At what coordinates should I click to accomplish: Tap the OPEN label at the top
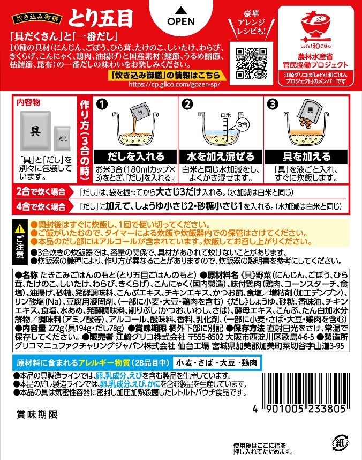(x=180, y=24)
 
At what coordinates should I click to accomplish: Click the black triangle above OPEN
(x=180, y=10)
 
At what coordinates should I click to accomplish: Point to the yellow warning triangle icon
(x=20, y=229)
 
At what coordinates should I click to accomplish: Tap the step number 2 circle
(x=186, y=105)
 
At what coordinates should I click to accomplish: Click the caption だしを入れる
(x=136, y=157)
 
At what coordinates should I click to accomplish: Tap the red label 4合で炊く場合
(x=44, y=206)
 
